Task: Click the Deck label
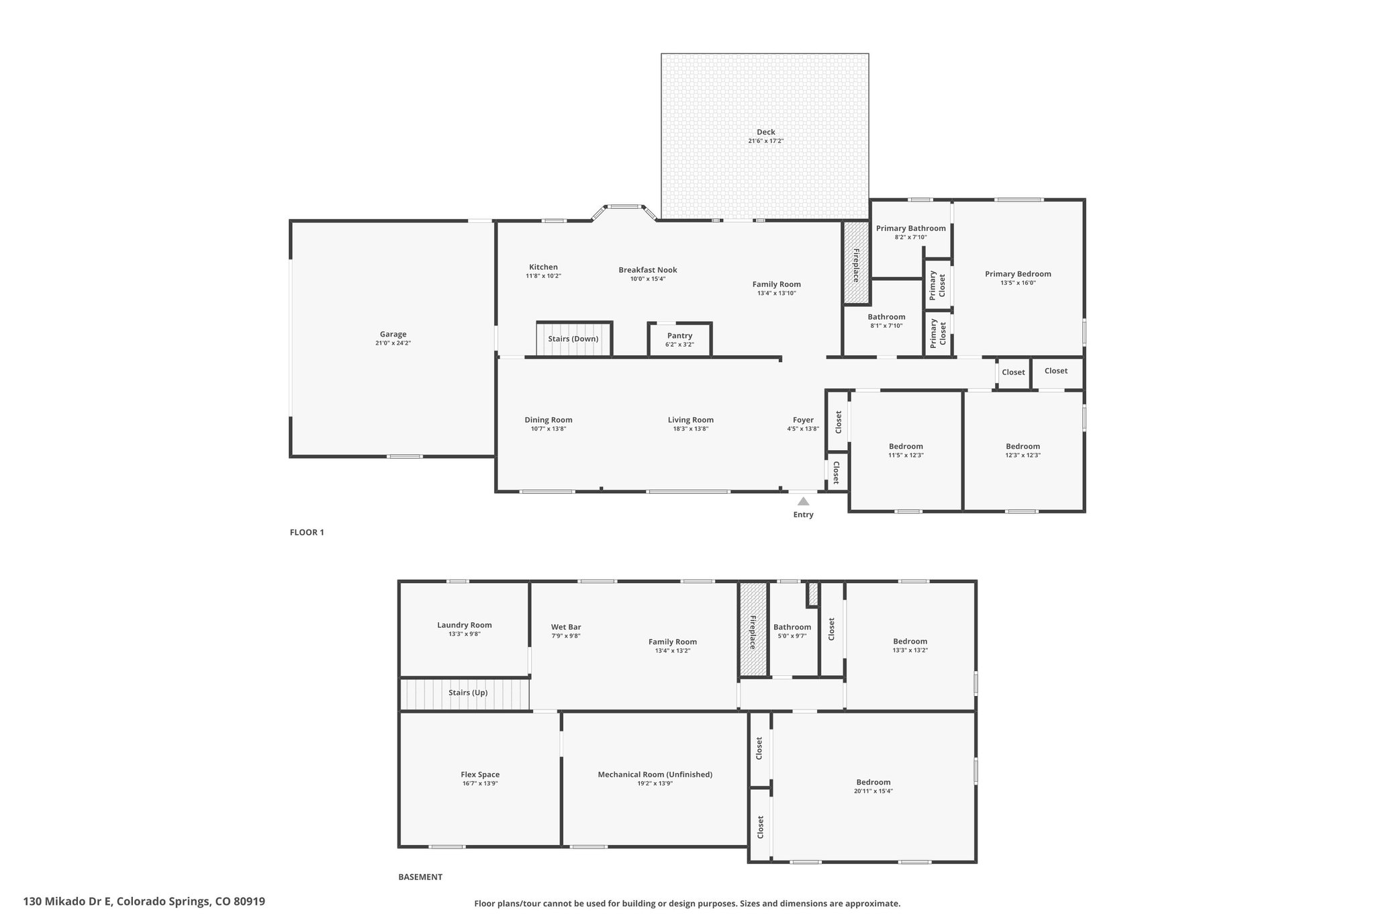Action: point(765,132)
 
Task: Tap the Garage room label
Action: point(393,335)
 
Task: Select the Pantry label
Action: point(679,336)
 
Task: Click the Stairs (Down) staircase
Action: point(574,339)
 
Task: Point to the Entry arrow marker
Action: point(803,501)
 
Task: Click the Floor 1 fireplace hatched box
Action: point(857,263)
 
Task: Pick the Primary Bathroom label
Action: point(911,228)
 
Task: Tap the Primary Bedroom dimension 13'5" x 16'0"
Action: point(1018,283)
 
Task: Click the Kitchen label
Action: point(543,267)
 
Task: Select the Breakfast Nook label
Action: point(648,270)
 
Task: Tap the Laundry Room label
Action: point(465,625)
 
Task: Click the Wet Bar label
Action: point(566,627)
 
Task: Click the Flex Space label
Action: point(480,775)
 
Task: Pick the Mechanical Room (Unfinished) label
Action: point(655,775)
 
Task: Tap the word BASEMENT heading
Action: point(420,877)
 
